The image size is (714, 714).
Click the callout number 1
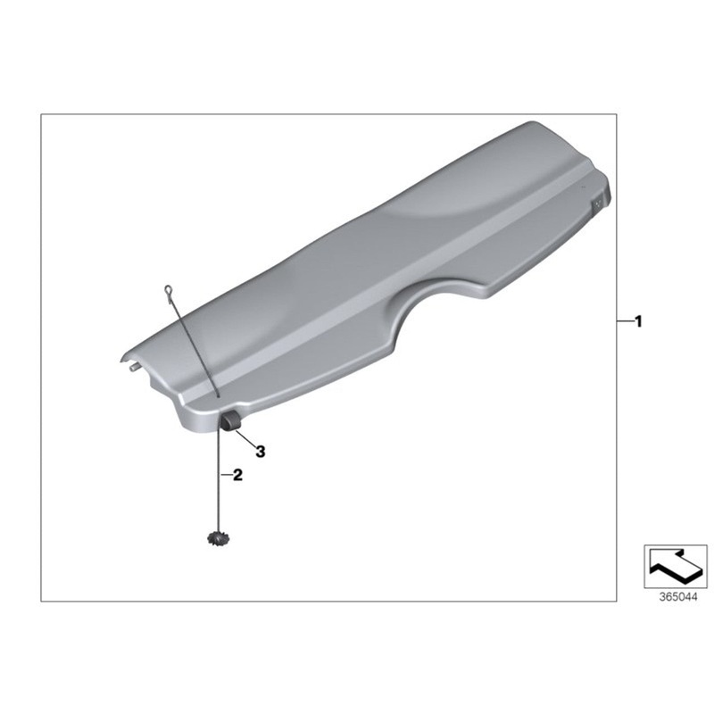(637, 320)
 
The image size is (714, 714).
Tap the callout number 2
(237, 476)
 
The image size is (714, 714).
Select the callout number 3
(261, 452)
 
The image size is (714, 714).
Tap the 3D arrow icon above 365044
(675, 564)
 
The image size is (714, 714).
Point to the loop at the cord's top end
(167, 288)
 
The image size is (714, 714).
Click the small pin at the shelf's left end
(132, 364)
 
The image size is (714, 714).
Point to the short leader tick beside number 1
(624, 320)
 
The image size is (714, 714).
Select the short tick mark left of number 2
(225, 476)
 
